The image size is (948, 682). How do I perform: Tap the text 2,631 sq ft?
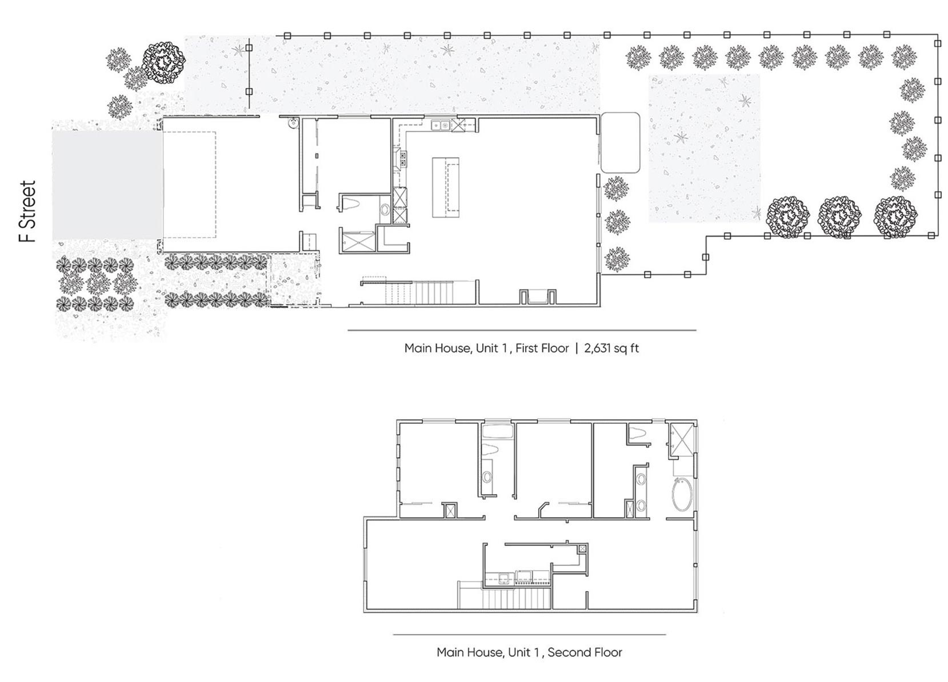(x=611, y=348)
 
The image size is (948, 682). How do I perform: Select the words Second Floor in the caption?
(x=585, y=652)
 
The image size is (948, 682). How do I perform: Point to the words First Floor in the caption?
(x=542, y=348)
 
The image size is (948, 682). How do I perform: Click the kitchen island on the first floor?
(x=445, y=187)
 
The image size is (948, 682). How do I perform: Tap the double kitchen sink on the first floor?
(x=441, y=125)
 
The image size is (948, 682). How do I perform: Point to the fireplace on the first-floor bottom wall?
(x=538, y=296)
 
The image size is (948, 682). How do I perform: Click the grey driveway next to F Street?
(x=107, y=185)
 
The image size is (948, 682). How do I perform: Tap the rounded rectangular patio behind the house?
(x=620, y=143)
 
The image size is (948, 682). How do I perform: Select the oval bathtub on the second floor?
(x=682, y=494)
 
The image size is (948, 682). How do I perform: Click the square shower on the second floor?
(x=681, y=441)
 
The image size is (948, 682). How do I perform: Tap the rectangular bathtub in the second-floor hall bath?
(x=498, y=432)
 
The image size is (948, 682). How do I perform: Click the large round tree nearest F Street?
(x=164, y=63)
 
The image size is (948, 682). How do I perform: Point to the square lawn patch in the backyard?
(x=704, y=148)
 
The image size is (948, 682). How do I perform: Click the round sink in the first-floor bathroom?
(x=385, y=210)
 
